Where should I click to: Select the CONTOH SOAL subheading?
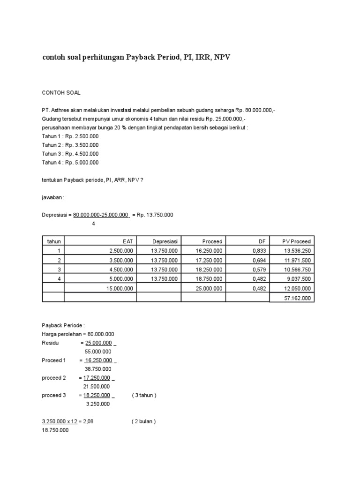61,93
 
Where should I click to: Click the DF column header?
262,241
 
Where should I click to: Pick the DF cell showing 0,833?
259,251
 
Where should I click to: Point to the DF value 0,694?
259,260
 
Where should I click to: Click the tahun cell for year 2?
59,260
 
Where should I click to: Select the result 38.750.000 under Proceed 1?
97,369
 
